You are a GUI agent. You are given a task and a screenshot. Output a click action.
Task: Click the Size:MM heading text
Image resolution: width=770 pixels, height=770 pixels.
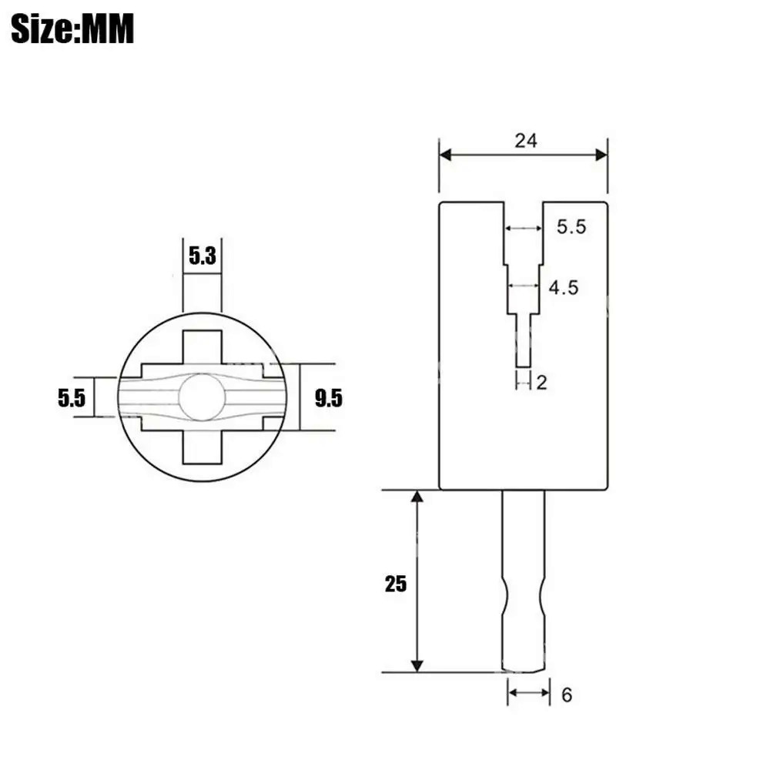(x=72, y=28)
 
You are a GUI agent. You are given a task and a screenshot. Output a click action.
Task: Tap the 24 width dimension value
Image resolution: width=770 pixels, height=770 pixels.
(x=526, y=141)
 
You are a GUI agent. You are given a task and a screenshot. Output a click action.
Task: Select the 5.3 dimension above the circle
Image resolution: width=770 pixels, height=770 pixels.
(x=203, y=256)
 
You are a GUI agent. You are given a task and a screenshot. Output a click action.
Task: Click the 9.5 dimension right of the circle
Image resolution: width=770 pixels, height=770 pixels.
(x=329, y=398)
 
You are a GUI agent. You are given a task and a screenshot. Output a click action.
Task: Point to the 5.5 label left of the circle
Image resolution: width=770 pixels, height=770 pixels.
(x=72, y=398)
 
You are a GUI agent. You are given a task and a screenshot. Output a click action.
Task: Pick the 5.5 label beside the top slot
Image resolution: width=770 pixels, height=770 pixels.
(x=571, y=227)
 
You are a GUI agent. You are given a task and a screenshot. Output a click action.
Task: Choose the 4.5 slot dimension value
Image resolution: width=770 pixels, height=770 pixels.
(x=564, y=288)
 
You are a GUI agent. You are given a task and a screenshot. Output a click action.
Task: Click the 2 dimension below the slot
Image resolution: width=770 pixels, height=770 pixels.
(x=541, y=383)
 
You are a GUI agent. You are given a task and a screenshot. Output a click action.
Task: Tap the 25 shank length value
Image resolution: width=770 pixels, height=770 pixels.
(x=396, y=584)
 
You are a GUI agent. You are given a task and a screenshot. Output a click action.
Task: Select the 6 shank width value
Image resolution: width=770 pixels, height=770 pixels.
(x=567, y=695)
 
